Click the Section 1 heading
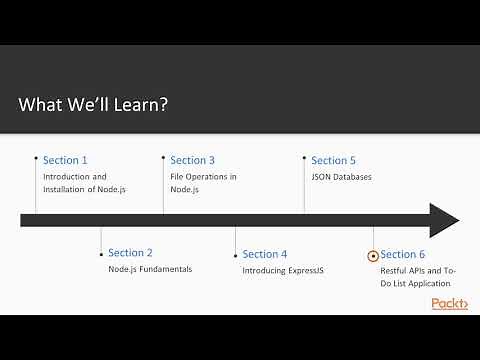pos(65,160)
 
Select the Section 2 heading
pos(130,253)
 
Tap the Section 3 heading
pos(192,160)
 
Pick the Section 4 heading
pos(264,254)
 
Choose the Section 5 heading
pos(333,160)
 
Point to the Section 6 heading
pos(402,254)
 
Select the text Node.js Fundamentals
pos(150,270)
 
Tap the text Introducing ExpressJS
pos(282,270)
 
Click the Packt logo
pos(449,303)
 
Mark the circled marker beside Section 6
pos(373,255)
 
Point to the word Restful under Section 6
pos(394,270)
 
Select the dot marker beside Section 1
pos(36,157)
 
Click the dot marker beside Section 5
pos(304,157)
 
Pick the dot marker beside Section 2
pos(101,251)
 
